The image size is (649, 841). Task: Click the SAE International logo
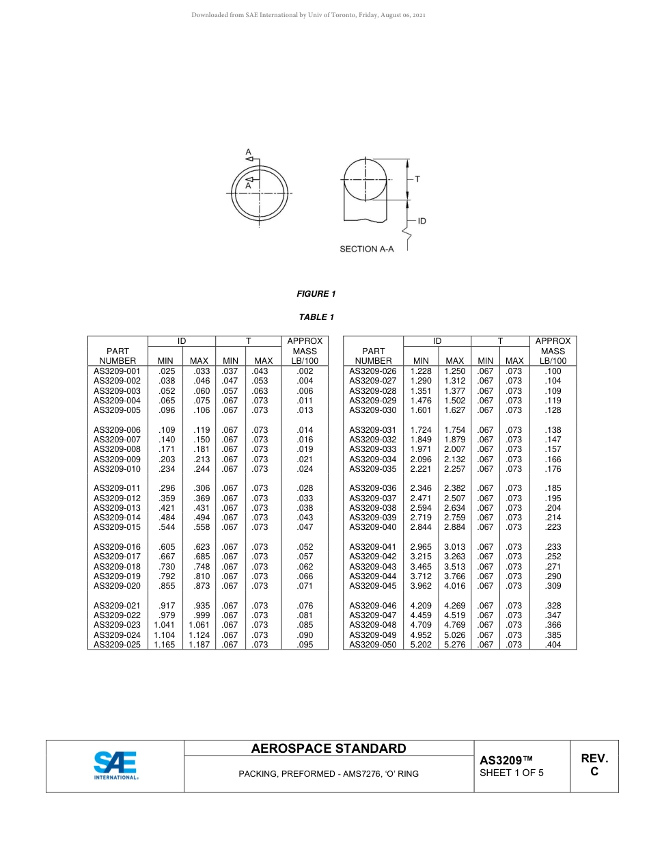(115, 766)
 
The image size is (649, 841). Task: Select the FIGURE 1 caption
(316, 294)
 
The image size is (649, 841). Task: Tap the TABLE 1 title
(316, 317)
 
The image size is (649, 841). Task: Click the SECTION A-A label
(367, 250)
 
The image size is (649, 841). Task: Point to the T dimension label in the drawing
(417, 179)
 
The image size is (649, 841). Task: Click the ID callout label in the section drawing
(422, 222)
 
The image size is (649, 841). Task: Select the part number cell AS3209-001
(117, 371)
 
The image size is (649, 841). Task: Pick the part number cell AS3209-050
(372, 645)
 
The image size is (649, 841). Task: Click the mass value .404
(553, 645)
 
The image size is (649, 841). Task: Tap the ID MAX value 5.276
(454, 645)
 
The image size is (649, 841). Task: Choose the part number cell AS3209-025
(117, 645)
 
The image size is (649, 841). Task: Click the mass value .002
(305, 371)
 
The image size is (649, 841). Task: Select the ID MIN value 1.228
(421, 371)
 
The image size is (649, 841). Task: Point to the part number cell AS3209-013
(117, 508)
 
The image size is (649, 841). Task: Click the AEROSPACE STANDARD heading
(329, 749)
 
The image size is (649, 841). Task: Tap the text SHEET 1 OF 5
(512, 773)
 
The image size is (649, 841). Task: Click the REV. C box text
(594, 765)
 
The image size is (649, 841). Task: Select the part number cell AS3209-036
(372, 488)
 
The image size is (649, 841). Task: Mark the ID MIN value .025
(167, 371)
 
